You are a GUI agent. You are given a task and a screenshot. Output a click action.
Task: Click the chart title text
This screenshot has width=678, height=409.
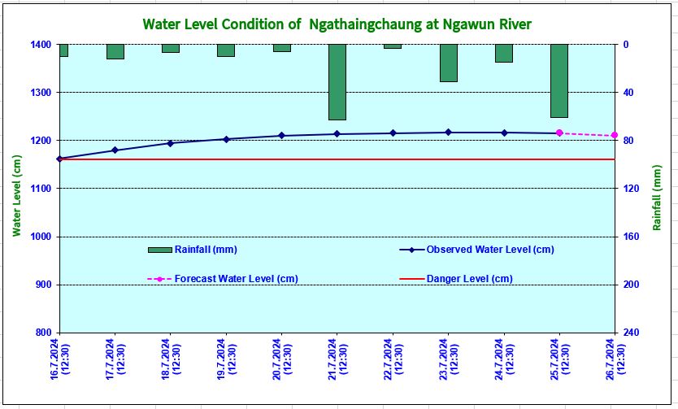point(337,24)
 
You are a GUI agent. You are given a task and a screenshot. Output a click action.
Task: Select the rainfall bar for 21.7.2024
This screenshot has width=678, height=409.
point(337,82)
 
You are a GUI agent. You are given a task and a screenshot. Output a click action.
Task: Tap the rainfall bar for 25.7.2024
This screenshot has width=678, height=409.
point(558,80)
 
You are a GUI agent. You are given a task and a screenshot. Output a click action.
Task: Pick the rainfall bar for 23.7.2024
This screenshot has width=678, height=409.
point(448,63)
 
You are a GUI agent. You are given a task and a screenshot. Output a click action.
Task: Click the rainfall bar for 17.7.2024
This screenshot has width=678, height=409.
point(115,51)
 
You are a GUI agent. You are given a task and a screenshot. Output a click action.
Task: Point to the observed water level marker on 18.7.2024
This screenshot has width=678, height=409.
point(170,143)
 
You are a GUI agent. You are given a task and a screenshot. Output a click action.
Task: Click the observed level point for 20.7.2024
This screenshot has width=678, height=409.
point(281,136)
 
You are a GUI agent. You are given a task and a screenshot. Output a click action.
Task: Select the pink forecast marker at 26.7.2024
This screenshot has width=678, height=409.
point(615,135)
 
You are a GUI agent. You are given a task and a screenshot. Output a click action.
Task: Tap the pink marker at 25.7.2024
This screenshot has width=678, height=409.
point(559,133)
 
